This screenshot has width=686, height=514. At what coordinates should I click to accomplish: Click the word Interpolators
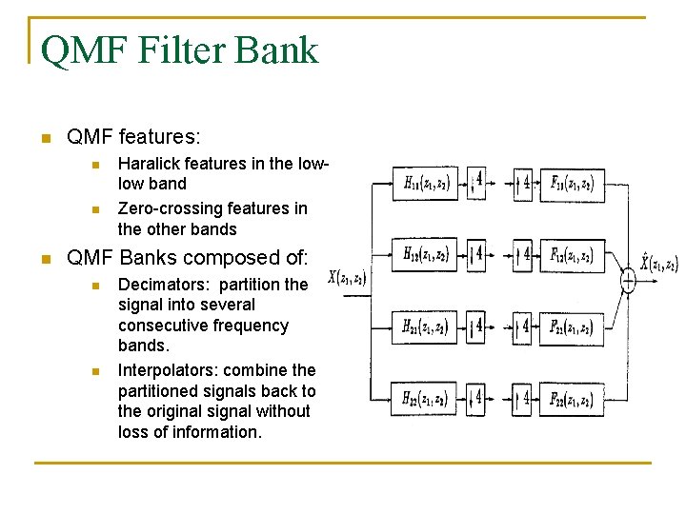point(164,369)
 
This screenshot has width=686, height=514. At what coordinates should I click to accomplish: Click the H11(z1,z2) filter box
point(425,184)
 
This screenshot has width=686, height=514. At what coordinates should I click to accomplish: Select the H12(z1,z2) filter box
point(425,254)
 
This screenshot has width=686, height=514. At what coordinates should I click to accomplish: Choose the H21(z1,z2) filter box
point(425,327)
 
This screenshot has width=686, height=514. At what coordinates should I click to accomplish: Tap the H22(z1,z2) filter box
point(425,398)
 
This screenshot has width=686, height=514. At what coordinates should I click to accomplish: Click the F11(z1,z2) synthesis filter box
point(572,184)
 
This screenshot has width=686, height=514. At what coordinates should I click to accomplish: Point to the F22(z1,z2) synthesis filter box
point(572,398)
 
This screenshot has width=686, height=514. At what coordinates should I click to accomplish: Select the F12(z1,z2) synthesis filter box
point(572,254)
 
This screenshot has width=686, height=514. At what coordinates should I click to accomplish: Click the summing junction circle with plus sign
point(628,280)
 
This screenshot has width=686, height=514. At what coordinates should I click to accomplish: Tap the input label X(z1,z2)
point(347,278)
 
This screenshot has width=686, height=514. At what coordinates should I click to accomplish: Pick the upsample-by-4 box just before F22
point(522,398)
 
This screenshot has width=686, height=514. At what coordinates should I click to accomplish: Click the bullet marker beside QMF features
point(44,138)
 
